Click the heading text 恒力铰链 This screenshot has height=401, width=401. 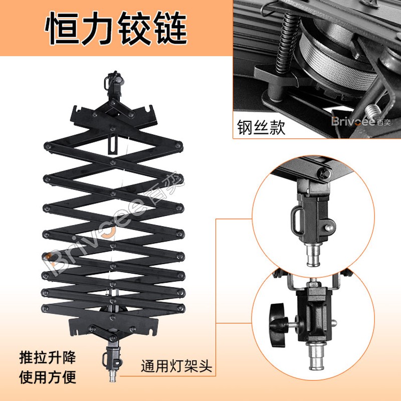point(116,29)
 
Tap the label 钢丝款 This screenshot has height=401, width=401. point(261,127)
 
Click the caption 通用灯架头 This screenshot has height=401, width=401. point(176,366)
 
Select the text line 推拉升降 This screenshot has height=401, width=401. point(48,357)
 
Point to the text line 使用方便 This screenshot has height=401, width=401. point(48,377)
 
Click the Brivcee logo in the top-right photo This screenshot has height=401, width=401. point(361,121)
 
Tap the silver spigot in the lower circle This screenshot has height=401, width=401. point(317,355)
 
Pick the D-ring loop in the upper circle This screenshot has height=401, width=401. point(297,221)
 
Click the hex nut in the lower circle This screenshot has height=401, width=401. point(313,284)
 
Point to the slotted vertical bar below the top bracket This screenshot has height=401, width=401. point(113,144)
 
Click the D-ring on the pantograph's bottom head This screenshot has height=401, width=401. point(105,359)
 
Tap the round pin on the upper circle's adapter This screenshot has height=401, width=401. point(329,227)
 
